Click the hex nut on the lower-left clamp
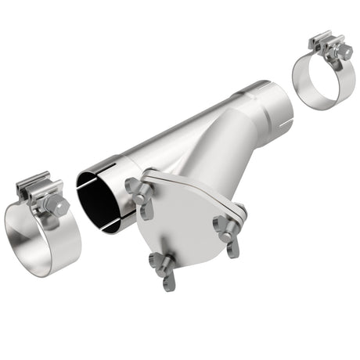pyautogui.click(x=57, y=206)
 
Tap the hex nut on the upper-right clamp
pyautogui.click(x=343, y=52)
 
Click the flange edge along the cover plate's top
pyautogui.click(x=196, y=182)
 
